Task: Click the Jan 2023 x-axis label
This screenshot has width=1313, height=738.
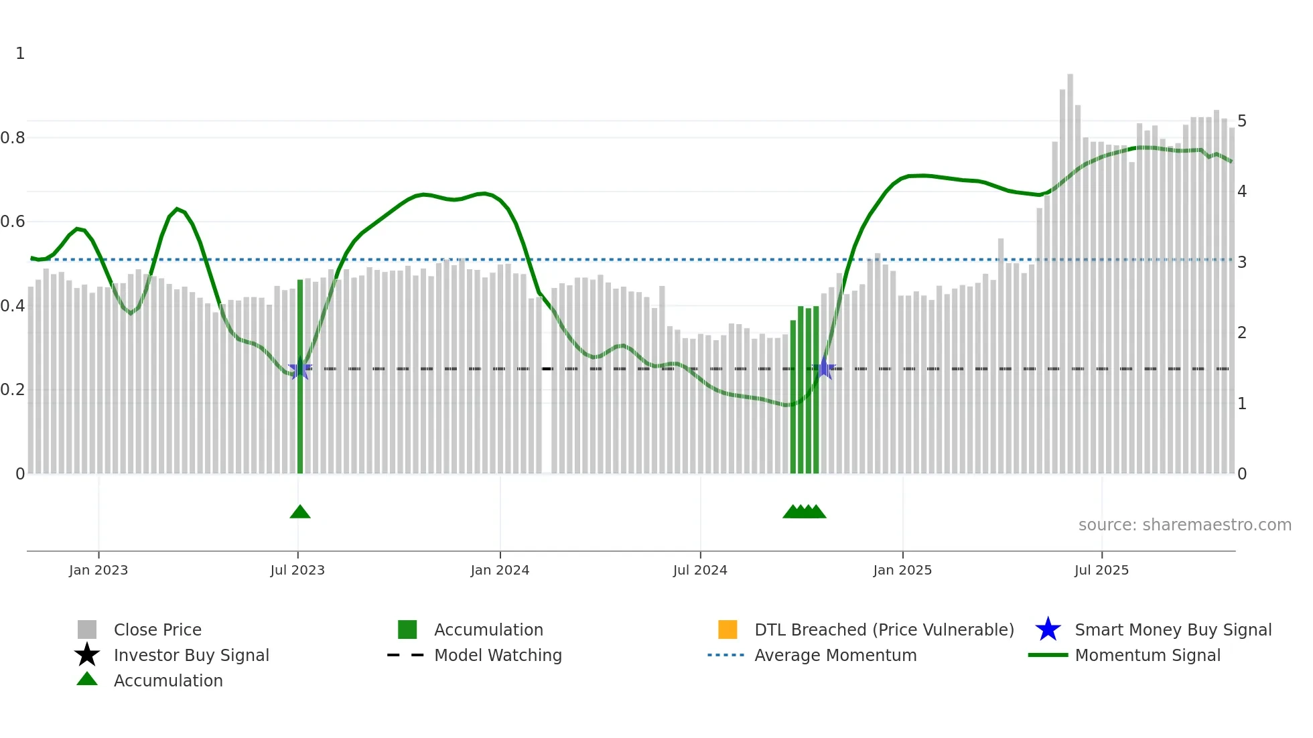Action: [x=98, y=570]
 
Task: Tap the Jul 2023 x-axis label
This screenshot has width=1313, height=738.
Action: [x=297, y=570]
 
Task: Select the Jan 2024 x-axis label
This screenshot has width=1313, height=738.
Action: [x=500, y=570]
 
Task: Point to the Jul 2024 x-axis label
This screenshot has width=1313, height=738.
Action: [x=700, y=570]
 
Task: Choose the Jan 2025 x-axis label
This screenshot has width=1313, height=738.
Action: [x=902, y=570]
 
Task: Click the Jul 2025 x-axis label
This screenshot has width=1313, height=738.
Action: [x=1101, y=570]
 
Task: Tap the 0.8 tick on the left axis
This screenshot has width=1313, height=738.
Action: [x=13, y=138]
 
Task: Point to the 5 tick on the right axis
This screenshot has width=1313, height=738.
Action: [x=1242, y=121]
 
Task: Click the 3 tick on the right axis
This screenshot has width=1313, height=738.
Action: [x=1242, y=263]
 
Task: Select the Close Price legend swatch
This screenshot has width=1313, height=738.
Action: [x=87, y=630]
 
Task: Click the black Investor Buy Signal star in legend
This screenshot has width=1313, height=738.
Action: [x=87, y=655]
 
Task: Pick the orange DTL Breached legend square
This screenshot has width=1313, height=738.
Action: [x=728, y=630]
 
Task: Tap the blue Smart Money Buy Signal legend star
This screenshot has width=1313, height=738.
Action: [x=1048, y=630]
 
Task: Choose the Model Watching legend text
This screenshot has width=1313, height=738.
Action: [x=498, y=655]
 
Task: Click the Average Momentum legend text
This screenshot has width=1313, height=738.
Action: [x=835, y=655]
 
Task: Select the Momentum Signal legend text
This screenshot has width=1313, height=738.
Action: [x=1148, y=655]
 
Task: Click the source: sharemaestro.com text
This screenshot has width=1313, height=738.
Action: [x=1184, y=525]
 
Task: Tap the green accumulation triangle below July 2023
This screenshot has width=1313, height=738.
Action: [x=300, y=512]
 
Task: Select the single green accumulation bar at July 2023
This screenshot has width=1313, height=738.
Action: [x=300, y=375]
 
